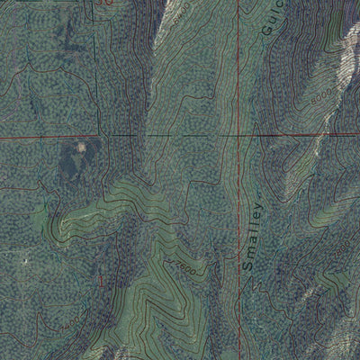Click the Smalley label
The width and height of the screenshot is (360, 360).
tap(253, 236)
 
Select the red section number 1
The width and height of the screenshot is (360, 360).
tap(102, 282)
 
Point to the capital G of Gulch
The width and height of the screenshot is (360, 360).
tap(267, 31)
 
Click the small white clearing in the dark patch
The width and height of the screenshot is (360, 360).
tap(81, 147)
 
